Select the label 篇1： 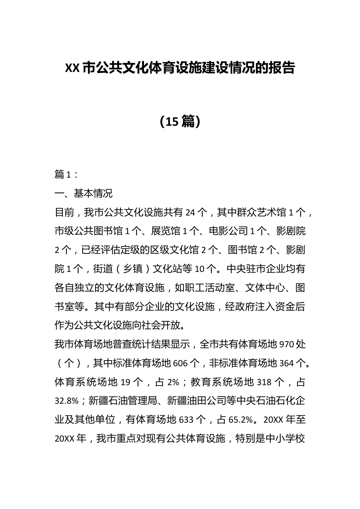click(66, 175)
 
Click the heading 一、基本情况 click(83, 194)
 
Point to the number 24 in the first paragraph click(191, 212)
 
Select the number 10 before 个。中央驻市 click(200, 269)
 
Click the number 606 click(180, 363)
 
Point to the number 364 click(286, 363)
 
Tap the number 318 click(264, 382)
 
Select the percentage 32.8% click(67, 401)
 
